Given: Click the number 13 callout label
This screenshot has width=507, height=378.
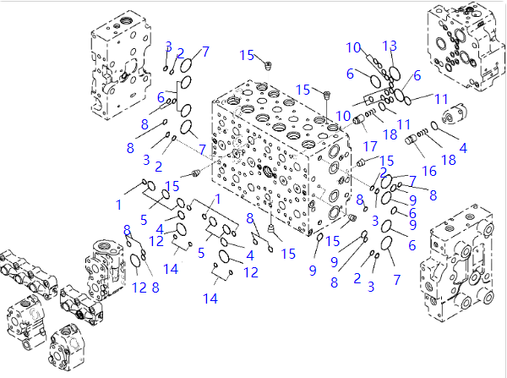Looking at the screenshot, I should tap(390, 45).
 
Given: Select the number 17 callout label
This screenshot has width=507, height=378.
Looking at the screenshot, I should tap(370, 145).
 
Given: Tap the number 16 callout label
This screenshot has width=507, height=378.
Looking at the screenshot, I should tap(428, 171).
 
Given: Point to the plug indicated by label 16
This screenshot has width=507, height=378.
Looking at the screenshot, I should tap(419, 150).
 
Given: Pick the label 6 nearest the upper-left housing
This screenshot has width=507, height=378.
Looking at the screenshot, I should tap(160, 97).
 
